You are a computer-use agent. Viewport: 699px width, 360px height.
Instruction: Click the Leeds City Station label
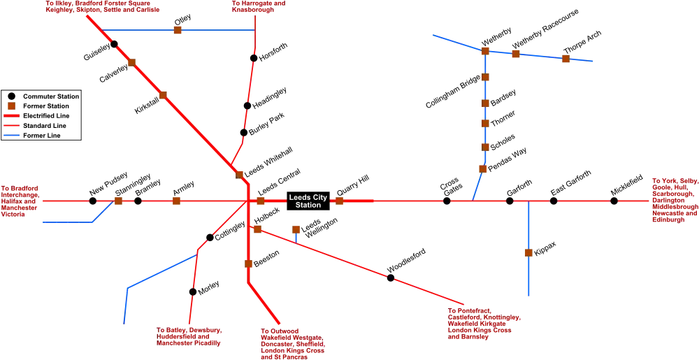tap(308, 201)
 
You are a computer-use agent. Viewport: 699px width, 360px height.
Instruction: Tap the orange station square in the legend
tap(11, 106)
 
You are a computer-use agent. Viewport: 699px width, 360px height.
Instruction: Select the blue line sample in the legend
tap(13, 136)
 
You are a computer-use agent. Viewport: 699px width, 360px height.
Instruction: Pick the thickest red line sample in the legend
tap(13, 115)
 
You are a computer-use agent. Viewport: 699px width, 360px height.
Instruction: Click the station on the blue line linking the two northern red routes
tap(178, 31)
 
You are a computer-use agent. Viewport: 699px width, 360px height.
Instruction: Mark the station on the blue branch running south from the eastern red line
tap(528, 252)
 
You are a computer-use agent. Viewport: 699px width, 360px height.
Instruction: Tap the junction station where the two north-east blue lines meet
tap(484, 50)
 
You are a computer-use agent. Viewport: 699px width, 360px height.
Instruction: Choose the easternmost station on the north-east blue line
tap(565, 59)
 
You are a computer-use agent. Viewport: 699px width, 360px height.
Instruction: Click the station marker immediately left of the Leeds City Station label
tap(261, 201)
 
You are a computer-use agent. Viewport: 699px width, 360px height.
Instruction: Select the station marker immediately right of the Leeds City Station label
tap(339, 201)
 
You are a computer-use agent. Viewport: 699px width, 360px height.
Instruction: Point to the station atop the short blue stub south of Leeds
tap(296, 229)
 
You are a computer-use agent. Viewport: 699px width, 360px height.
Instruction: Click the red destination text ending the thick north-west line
tap(102, 8)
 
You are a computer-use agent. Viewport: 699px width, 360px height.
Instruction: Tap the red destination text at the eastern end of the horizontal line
tap(675, 199)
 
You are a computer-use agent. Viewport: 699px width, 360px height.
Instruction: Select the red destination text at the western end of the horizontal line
tap(19, 201)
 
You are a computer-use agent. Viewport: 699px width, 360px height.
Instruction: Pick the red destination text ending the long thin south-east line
tap(484, 323)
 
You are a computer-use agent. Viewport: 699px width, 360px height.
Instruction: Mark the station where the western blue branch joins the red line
tap(119, 201)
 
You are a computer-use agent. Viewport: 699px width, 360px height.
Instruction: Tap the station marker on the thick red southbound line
tap(248, 264)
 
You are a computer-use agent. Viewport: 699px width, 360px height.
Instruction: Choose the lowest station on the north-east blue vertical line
tap(482, 169)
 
